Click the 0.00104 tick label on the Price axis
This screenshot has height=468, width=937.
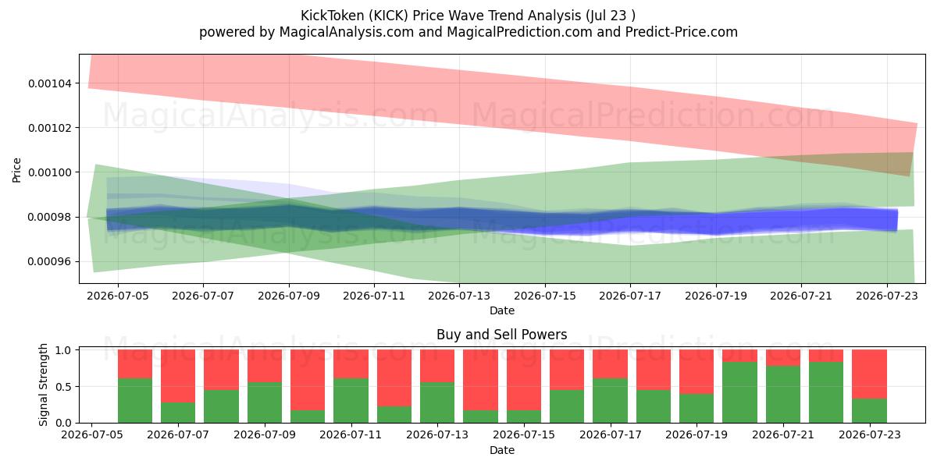point(50,83)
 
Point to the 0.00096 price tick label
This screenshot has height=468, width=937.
point(50,262)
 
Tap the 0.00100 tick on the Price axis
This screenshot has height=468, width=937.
point(50,172)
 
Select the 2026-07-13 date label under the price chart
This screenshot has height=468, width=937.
point(459,296)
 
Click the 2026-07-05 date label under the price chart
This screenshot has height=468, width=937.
point(118,296)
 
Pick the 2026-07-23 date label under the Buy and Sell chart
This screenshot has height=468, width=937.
point(870,434)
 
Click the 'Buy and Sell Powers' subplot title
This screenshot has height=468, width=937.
point(502,335)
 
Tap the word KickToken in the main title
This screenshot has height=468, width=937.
point(333,16)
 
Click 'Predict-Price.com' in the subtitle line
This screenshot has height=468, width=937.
point(682,32)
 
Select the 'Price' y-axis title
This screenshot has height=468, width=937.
point(16,171)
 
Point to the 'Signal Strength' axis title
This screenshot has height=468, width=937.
point(43,385)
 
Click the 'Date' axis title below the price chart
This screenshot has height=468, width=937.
point(502,310)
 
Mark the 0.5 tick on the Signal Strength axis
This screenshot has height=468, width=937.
point(64,387)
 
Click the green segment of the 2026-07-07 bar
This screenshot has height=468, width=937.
point(178,413)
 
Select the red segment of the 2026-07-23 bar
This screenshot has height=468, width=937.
point(870,374)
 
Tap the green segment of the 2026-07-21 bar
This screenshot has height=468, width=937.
point(783,395)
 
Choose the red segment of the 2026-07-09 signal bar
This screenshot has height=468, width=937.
point(265,366)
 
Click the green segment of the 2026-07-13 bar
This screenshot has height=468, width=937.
point(437,402)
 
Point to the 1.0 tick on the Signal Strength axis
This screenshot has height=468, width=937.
point(64,349)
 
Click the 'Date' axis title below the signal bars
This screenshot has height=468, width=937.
point(502,450)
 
